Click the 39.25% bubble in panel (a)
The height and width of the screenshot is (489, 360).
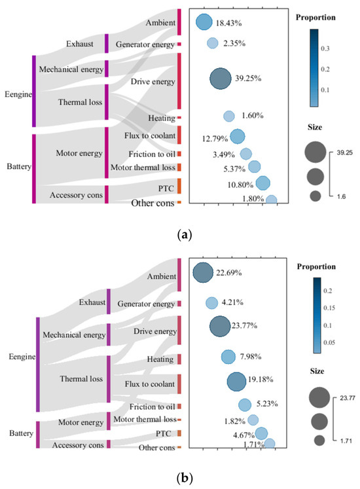[221, 79]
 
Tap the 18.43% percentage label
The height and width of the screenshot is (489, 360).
[228, 23]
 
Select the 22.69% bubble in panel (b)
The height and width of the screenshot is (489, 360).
[203, 272]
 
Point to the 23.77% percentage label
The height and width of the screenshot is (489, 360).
[244, 326]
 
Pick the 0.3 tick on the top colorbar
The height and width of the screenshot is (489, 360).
[325, 48]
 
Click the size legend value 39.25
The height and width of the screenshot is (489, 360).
[344, 153]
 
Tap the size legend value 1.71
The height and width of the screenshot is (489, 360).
[346, 441]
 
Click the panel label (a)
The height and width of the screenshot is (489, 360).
[185, 234]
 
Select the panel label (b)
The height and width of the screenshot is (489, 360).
[185, 477]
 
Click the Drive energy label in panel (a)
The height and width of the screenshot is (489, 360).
[153, 82]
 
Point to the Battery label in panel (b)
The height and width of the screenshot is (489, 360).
[21, 433]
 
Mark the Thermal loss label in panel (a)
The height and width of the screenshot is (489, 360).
[80, 102]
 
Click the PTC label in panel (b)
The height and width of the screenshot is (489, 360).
[164, 433]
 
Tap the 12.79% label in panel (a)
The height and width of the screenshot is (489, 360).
[215, 139]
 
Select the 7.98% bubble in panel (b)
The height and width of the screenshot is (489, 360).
[228, 357]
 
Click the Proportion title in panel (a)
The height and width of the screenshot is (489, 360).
[315, 18]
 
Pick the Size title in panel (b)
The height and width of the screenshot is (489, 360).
[317, 371]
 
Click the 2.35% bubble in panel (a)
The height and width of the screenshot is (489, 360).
[213, 43]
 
